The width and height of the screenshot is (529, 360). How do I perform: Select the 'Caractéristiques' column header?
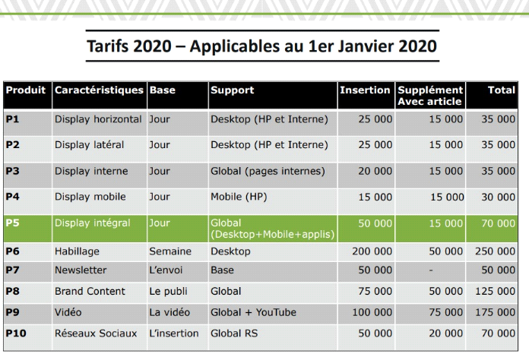point(99,90)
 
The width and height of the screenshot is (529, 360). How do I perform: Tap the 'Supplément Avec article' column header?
point(430,96)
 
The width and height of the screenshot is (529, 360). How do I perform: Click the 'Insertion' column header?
point(365,90)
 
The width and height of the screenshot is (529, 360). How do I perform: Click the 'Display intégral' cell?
point(93,223)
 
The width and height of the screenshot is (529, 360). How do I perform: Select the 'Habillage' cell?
point(77,251)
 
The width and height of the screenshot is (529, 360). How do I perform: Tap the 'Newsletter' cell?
point(81,270)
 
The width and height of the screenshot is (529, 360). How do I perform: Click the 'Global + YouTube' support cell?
point(253,312)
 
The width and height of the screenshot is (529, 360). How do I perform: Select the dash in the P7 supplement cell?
point(431,270)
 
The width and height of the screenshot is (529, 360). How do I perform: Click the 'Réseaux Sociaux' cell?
point(96,333)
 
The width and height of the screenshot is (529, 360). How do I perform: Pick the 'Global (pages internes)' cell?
point(268,171)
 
